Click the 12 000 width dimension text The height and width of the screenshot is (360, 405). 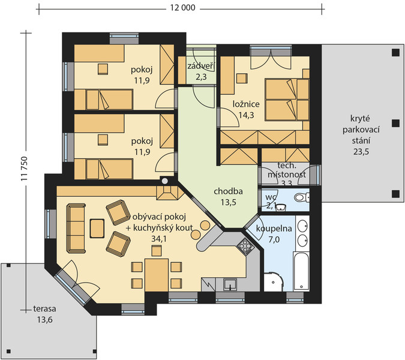[x=182, y=8]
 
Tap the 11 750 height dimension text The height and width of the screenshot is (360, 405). [x=24, y=169]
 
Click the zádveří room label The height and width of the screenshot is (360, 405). [x=201, y=66]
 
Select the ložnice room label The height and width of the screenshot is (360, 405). [x=246, y=104]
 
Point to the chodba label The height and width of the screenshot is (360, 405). [x=228, y=191]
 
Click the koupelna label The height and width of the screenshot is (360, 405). [x=274, y=229]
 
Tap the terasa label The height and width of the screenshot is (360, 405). [x=44, y=308]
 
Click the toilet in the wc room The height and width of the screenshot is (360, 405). [x=302, y=198]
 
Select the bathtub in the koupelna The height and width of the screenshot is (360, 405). [x=301, y=272]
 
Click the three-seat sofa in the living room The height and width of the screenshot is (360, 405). [x=76, y=228]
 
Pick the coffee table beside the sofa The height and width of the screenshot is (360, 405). [x=97, y=228]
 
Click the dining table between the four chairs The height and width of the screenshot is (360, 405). [x=157, y=275]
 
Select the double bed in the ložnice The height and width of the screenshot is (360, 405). [x=287, y=100]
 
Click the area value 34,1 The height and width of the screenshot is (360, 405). [x=159, y=239]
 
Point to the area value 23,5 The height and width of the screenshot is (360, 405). [x=361, y=152]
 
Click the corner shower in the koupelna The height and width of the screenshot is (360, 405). [x=274, y=281]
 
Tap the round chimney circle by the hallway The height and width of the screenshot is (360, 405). [x=165, y=181]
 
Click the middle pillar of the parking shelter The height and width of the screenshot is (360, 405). [x=395, y=123]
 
